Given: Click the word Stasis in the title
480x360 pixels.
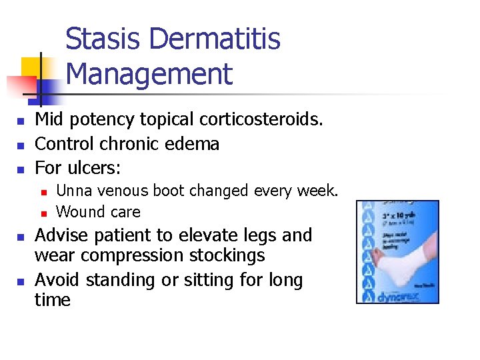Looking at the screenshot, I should [x=104, y=39].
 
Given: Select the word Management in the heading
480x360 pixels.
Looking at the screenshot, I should [x=149, y=74].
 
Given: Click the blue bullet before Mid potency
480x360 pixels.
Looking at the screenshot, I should [x=21, y=121].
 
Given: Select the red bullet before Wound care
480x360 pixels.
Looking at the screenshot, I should [x=43, y=213].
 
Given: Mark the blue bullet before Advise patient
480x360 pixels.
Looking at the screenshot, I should [x=21, y=237].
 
